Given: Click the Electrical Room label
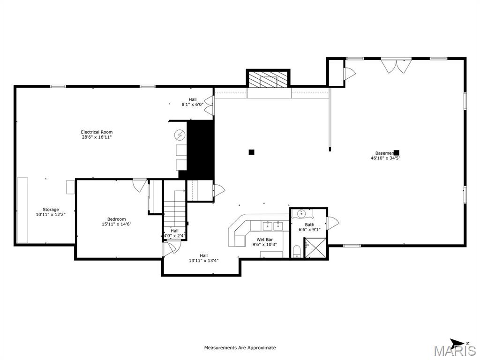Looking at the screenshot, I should pyautogui.click(x=97, y=132).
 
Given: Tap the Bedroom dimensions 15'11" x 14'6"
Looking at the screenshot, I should pyautogui.click(x=116, y=224).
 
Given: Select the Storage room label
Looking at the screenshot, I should pyautogui.click(x=51, y=210).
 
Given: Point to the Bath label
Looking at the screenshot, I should pyautogui.click(x=309, y=225).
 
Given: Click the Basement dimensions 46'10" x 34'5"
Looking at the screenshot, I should pyautogui.click(x=385, y=158).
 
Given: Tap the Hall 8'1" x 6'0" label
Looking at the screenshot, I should pyautogui.click(x=193, y=99).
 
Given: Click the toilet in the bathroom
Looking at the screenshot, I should pyautogui.click(x=296, y=251).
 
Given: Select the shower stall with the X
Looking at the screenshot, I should pyautogui.click(x=315, y=247).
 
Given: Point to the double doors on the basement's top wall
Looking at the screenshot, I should pyautogui.click(x=394, y=65).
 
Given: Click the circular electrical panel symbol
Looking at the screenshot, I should pyautogui.click(x=180, y=135).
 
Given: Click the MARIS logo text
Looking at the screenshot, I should pyautogui.click(x=454, y=351).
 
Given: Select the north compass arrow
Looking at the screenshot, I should pyautogui.click(x=457, y=342).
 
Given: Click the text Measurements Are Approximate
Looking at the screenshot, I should pyautogui.click(x=240, y=348).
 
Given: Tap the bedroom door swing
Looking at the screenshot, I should pyautogui.click(x=139, y=185).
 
